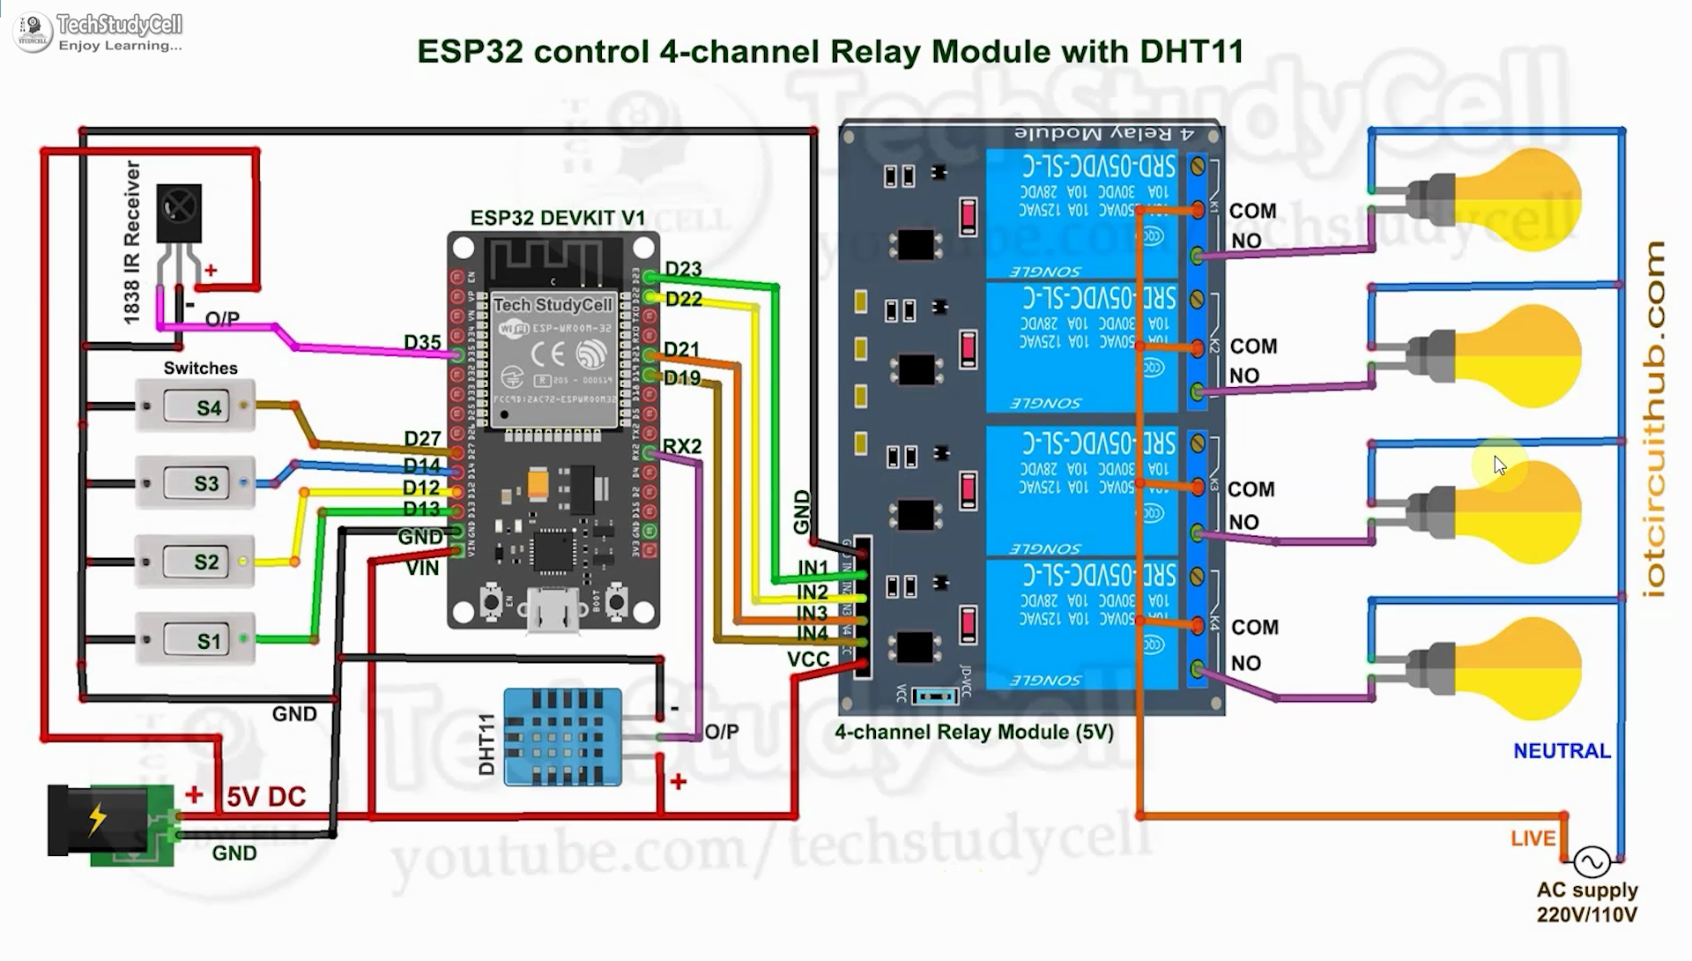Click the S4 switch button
coord(208,407)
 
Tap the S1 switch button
coord(208,641)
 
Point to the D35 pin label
coord(422,342)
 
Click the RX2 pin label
coord(682,446)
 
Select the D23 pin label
coord(683,269)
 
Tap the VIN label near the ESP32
coord(422,569)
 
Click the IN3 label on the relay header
coord(812,613)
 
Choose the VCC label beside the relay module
coord(808,659)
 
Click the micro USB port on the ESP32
coord(553,610)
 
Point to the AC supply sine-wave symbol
coord(1592,860)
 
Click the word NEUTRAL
coord(1562,751)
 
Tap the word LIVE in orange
coord(1532,838)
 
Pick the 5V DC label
coord(266,797)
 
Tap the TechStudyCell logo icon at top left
coord(33,32)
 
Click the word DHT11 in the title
coord(1191,51)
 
